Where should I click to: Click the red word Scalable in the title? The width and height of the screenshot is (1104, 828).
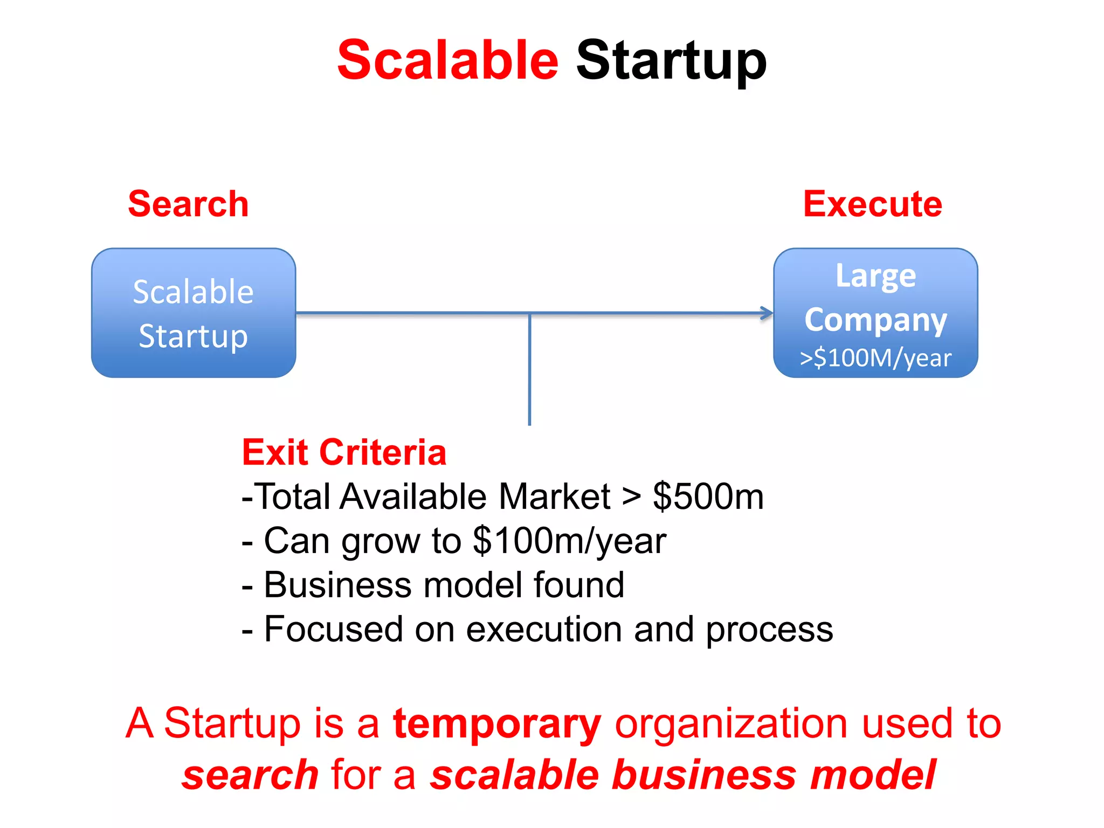point(447,60)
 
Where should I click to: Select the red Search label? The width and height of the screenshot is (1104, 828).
point(188,204)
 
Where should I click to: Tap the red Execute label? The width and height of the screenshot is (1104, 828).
point(872,204)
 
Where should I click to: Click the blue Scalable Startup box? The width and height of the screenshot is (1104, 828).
point(194,313)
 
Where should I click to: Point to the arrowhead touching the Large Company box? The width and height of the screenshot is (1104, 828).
point(767,313)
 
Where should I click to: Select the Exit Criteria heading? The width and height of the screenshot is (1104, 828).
point(344,452)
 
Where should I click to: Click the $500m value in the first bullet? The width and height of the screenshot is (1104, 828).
point(708,496)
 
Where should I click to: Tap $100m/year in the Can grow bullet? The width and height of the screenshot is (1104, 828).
point(569,541)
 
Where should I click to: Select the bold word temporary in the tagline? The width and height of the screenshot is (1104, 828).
point(496,724)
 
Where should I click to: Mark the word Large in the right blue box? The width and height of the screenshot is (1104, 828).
point(875,277)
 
